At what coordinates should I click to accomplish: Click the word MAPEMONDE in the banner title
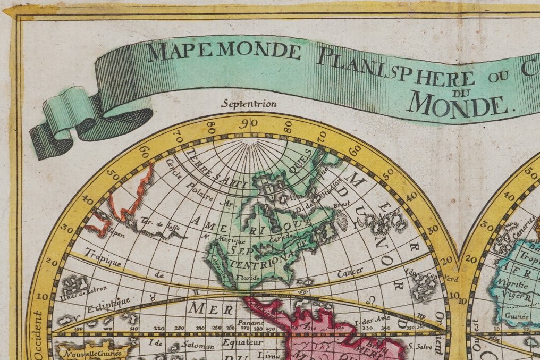pos(224,51)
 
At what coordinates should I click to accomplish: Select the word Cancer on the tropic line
pos(350,272)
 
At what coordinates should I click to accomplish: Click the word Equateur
pos(240,343)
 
